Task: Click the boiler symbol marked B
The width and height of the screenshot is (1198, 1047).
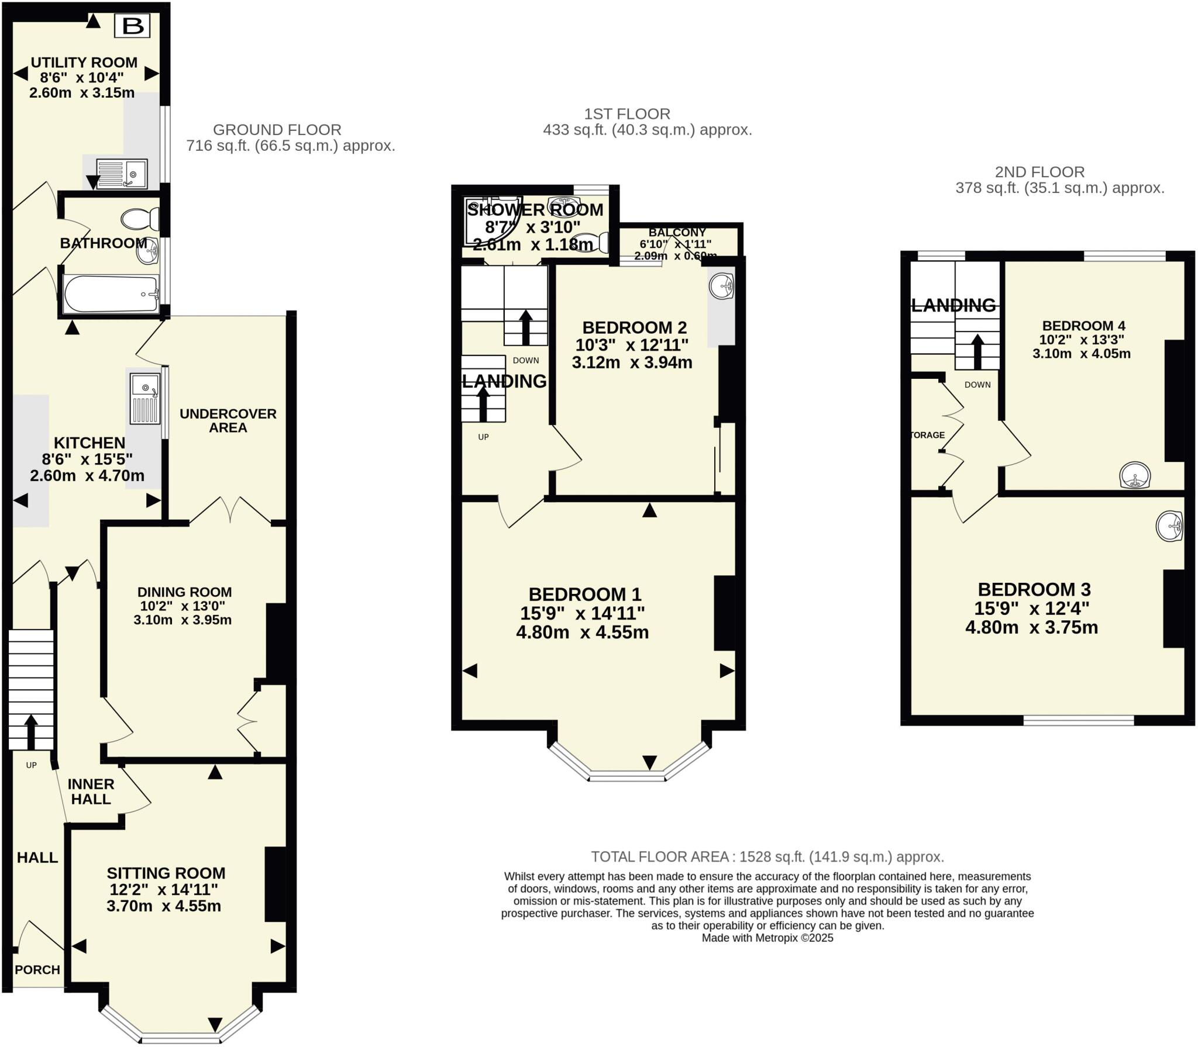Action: pyautogui.click(x=132, y=26)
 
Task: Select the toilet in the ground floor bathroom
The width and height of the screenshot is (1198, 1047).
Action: pyautogui.click(x=140, y=219)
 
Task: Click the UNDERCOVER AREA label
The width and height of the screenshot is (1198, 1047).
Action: pyautogui.click(x=228, y=420)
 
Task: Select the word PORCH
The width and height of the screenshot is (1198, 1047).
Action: pyautogui.click(x=37, y=970)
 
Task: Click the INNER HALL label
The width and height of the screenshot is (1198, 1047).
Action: pyautogui.click(x=91, y=792)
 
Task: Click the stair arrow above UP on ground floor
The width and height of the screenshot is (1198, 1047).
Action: pyautogui.click(x=30, y=731)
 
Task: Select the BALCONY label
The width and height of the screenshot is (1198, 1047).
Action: pyautogui.click(x=677, y=232)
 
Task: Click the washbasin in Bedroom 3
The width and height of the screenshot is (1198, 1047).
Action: pyautogui.click(x=1169, y=526)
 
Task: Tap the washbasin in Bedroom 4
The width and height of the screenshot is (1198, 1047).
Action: pyautogui.click(x=1135, y=475)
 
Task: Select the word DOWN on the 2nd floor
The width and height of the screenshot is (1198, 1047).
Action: pyautogui.click(x=977, y=385)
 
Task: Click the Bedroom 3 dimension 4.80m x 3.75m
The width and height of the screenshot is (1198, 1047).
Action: pyautogui.click(x=1031, y=627)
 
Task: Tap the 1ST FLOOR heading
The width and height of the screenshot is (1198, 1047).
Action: pyautogui.click(x=627, y=113)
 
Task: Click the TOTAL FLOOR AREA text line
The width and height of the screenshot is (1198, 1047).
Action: pyautogui.click(x=767, y=856)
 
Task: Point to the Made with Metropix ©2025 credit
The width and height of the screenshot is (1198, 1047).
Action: pyautogui.click(x=767, y=938)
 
